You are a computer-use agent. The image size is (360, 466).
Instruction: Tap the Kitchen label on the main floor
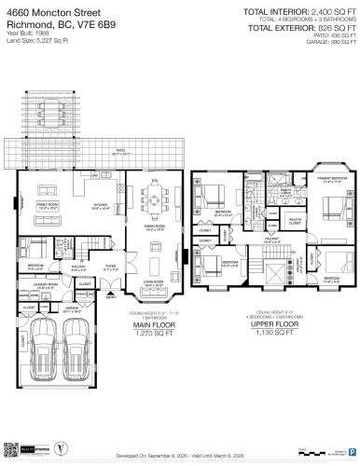coord(103,205)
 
